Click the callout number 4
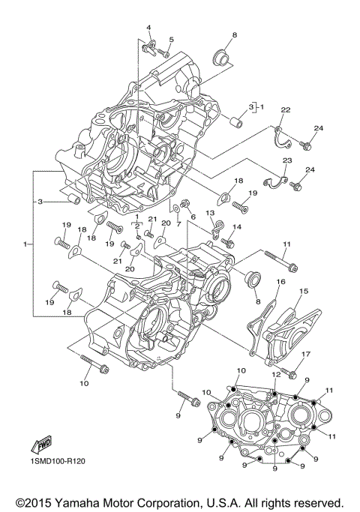pyautogui.click(x=148, y=28)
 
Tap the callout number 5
pyautogui.click(x=171, y=40)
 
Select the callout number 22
pyautogui.click(x=285, y=110)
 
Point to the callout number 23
pyautogui.click(x=286, y=160)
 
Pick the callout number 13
pyautogui.click(x=211, y=214)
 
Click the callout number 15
pyautogui.click(x=304, y=291)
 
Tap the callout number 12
pyautogui.click(x=275, y=374)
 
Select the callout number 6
pyautogui.click(x=193, y=216)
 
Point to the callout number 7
pyautogui.click(x=178, y=223)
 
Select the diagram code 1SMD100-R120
pyautogui.click(x=58, y=461)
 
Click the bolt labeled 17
pyautogui.click(x=292, y=369)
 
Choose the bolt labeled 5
pyautogui.click(x=163, y=53)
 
